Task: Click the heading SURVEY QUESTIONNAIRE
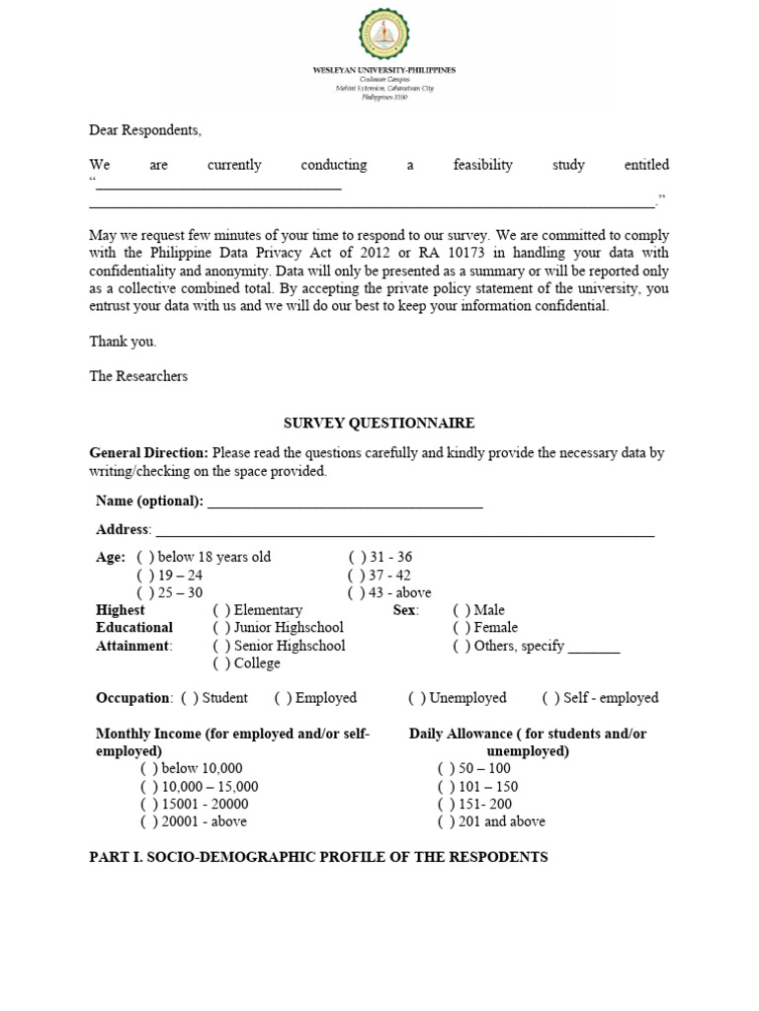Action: (379, 423)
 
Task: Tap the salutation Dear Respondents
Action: (144, 129)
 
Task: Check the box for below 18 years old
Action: (145, 557)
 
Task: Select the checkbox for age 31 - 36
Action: (356, 557)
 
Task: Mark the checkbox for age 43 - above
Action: (356, 592)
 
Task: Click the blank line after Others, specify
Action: (594, 649)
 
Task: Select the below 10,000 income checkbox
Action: (149, 768)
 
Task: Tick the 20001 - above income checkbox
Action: (149, 821)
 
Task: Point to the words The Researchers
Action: (138, 376)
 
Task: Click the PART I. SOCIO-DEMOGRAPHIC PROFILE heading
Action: (318, 857)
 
